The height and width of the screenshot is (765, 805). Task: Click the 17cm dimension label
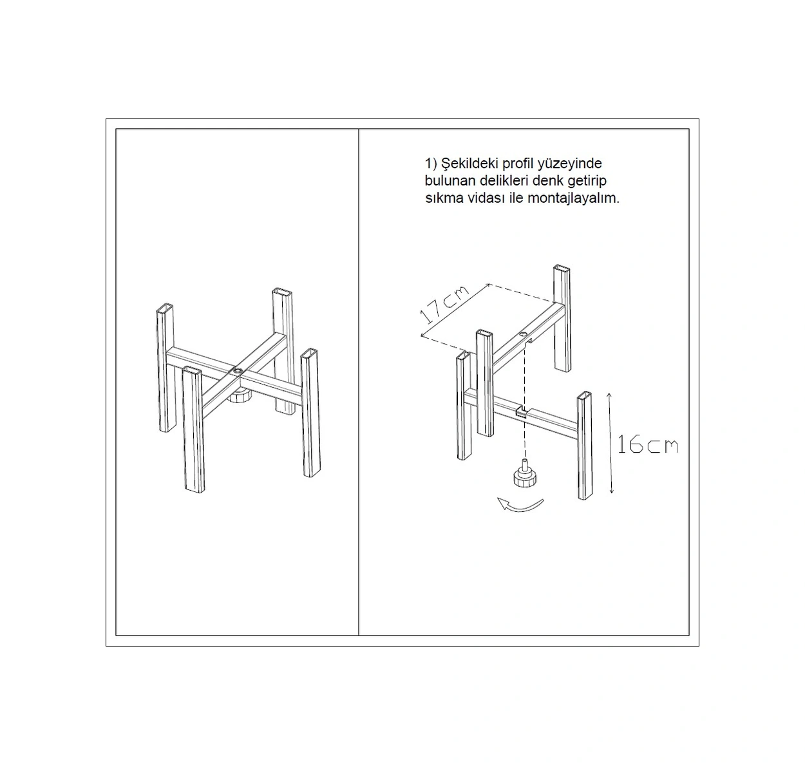[x=444, y=305]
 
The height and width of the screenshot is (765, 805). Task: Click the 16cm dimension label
[x=647, y=445]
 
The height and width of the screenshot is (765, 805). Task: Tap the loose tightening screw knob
[x=524, y=473]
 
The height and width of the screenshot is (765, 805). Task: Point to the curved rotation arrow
[x=520, y=505]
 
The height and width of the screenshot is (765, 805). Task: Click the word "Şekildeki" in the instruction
[x=469, y=164]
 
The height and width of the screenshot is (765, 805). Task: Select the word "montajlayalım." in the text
[x=573, y=198]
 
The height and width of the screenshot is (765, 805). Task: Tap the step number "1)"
[x=431, y=164]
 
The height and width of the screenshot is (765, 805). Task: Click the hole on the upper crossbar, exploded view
[x=523, y=335]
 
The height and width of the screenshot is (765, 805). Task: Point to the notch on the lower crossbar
[x=521, y=411]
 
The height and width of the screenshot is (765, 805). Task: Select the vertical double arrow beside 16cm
[x=610, y=442]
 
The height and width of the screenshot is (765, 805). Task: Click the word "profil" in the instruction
[x=518, y=164]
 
